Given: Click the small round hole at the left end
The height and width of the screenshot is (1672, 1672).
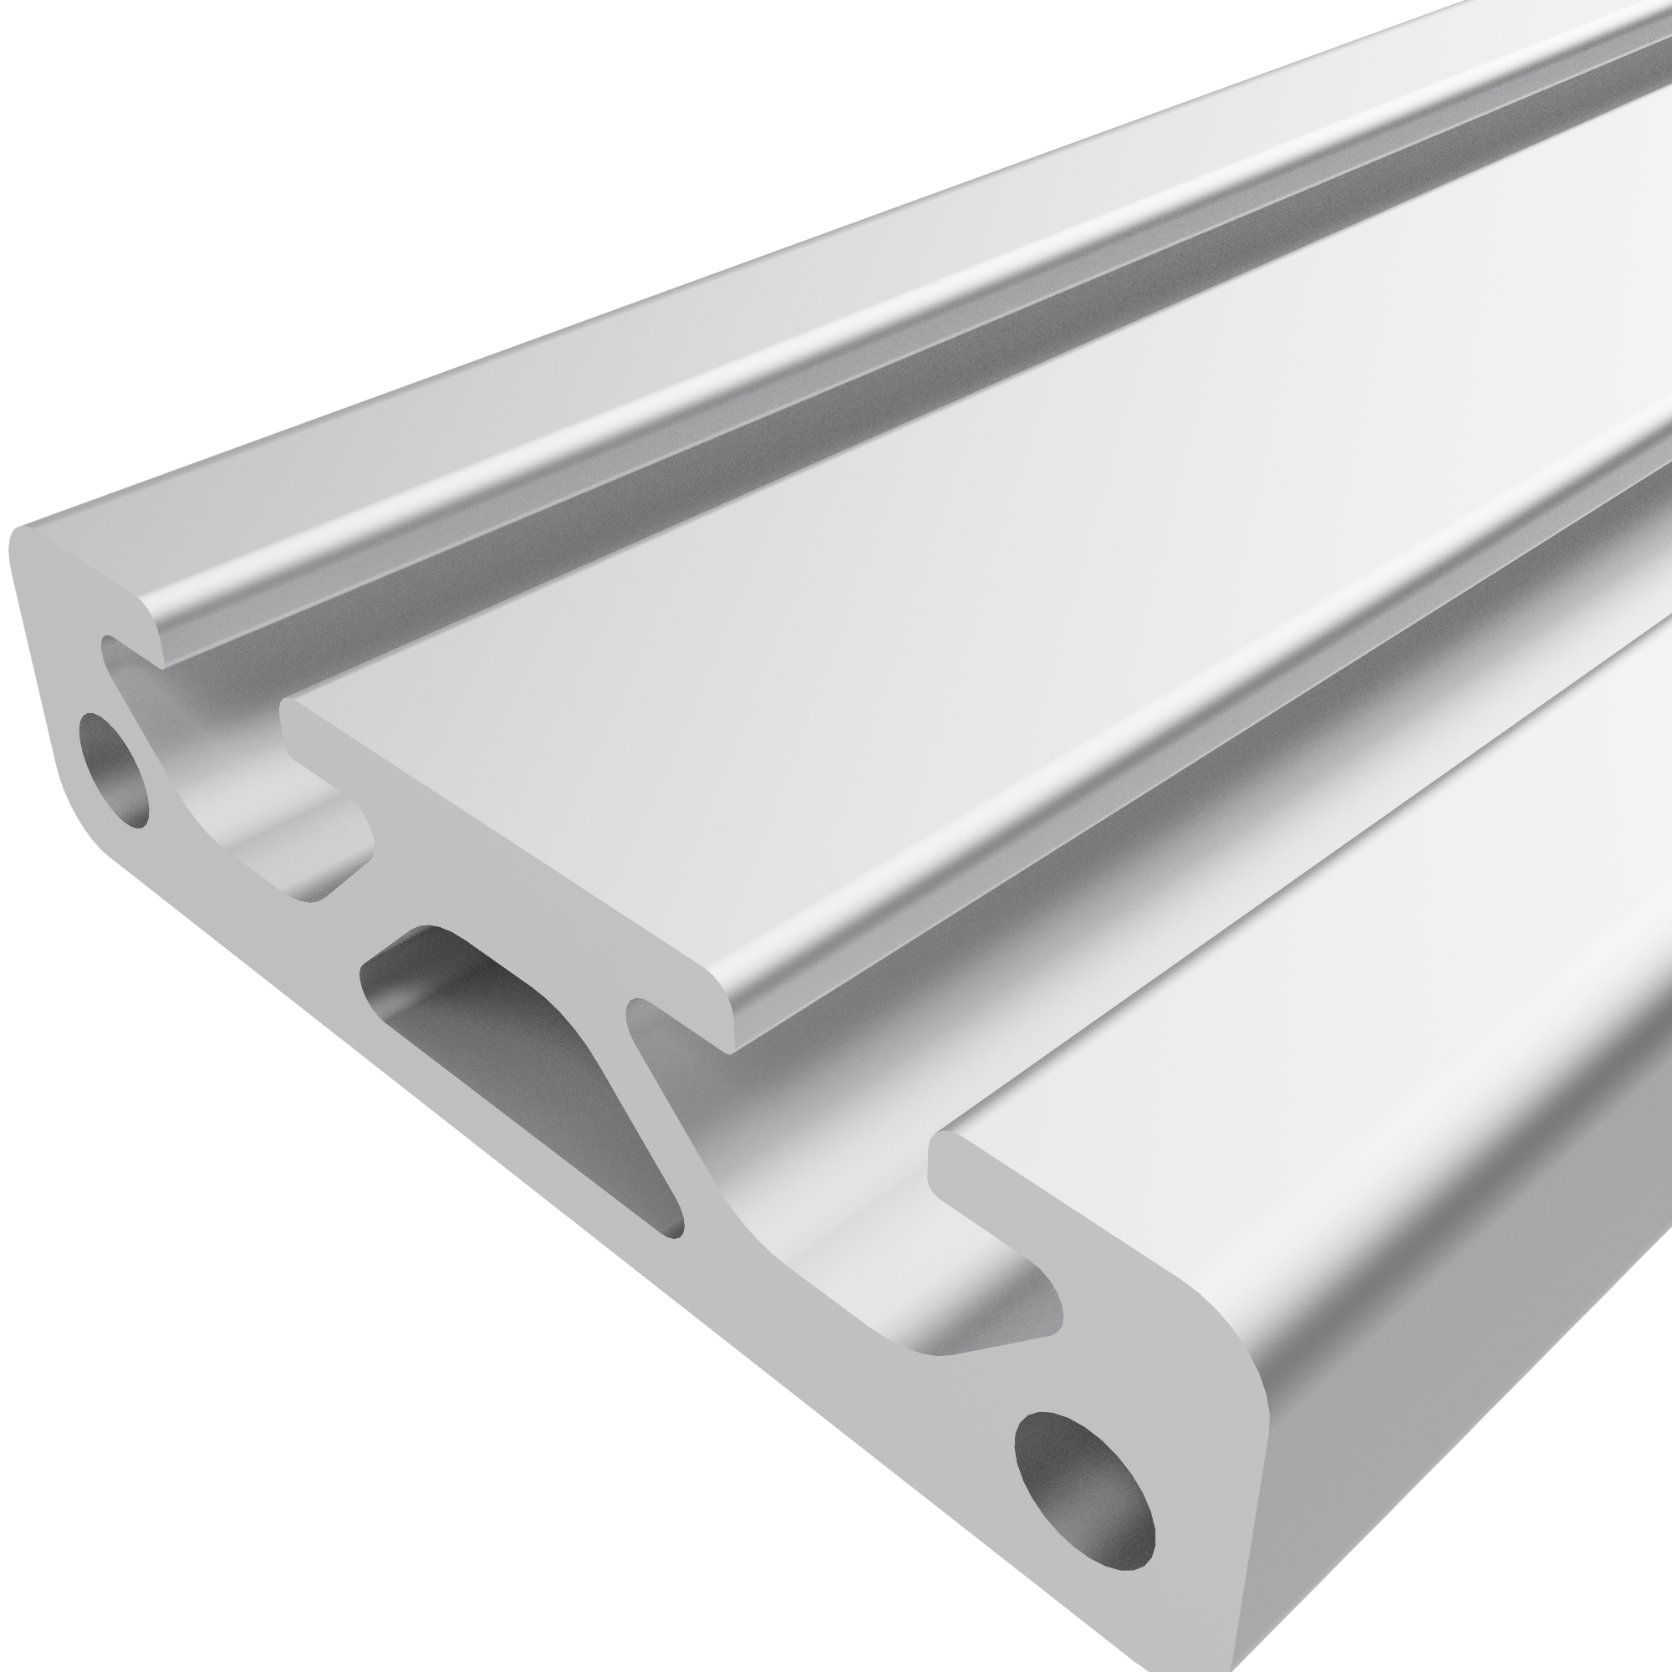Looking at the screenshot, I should click(x=114, y=768).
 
